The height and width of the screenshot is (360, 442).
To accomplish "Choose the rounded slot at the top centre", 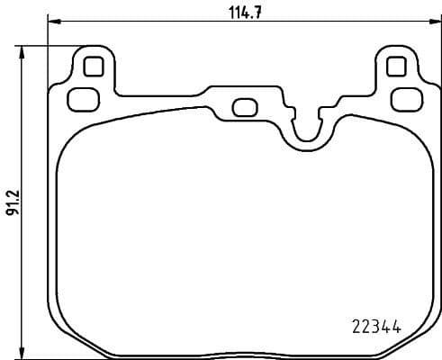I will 244,107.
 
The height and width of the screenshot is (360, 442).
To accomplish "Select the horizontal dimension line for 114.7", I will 162,22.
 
